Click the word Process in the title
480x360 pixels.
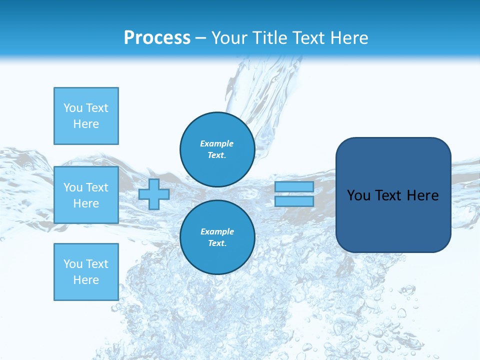pos(157,38)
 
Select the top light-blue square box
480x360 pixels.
pos(86,116)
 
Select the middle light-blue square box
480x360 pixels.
pos(86,195)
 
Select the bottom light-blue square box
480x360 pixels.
pos(86,272)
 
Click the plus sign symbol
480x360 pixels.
pos(154,194)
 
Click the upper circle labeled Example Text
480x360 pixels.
pos(217,149)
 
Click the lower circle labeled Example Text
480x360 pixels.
pos(217,237)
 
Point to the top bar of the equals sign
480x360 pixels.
pos(294,187)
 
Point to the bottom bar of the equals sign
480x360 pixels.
pos(294,201)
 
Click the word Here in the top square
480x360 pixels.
pos(86,124)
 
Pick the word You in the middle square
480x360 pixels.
pos(73,187)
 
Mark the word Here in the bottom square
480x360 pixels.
pos(86,280)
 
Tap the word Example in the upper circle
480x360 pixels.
pos(217,143)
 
